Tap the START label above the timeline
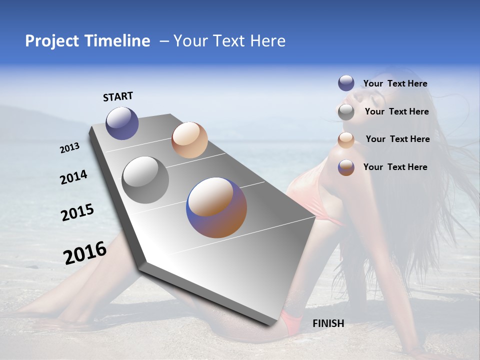[118, 96]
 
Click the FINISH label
[328, 323]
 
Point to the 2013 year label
[70, 148]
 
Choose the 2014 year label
[74, 177]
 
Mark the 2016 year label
[85, 253]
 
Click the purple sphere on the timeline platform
[122, 123]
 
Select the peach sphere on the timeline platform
[189, 140]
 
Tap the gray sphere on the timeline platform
[145, 180]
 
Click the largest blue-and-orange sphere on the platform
[216, 207]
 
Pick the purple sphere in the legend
[346, 83]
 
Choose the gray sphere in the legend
[346, 112]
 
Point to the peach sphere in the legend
[346, 140]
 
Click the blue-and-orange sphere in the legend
[346, 167]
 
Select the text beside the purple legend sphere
[395, 84]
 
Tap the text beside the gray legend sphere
[396, 111]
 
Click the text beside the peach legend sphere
[397, 139]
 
